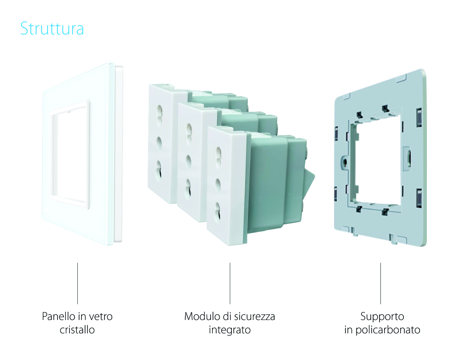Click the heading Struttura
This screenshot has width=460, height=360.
click(x=52, y=29)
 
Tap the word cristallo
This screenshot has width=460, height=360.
click(x=77, y=330)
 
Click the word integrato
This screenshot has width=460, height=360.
click(x=230, y=330)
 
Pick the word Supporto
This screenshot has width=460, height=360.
click(x=382, y=317)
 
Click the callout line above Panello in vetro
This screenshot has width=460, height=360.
click(x=77, y=283)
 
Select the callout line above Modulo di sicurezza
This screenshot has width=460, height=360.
click(x=230, y=283)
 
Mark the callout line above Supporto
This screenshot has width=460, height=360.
click(x=380, y=283)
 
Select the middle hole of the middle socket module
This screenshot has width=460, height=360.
click(x=189, y=160)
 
